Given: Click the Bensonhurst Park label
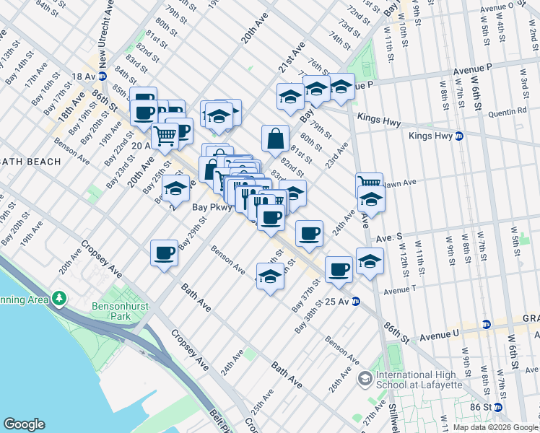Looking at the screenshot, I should tap(121, 311).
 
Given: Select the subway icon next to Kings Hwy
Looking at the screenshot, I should tap(458, 136).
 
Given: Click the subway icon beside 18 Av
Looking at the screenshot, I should tap(103, 76).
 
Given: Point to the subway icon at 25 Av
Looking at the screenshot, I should tap(356, 302).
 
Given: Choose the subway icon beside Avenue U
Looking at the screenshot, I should tap(487, 325).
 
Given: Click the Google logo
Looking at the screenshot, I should tap(24, 424).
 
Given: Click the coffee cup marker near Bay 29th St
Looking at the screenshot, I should tap(165, 253).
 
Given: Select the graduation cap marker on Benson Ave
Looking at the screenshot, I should tap(270, 277).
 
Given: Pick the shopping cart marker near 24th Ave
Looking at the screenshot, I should tap(369, 183).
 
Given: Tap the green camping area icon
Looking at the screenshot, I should tap(58, 298).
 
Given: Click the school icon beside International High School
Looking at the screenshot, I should tap(365, 377).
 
